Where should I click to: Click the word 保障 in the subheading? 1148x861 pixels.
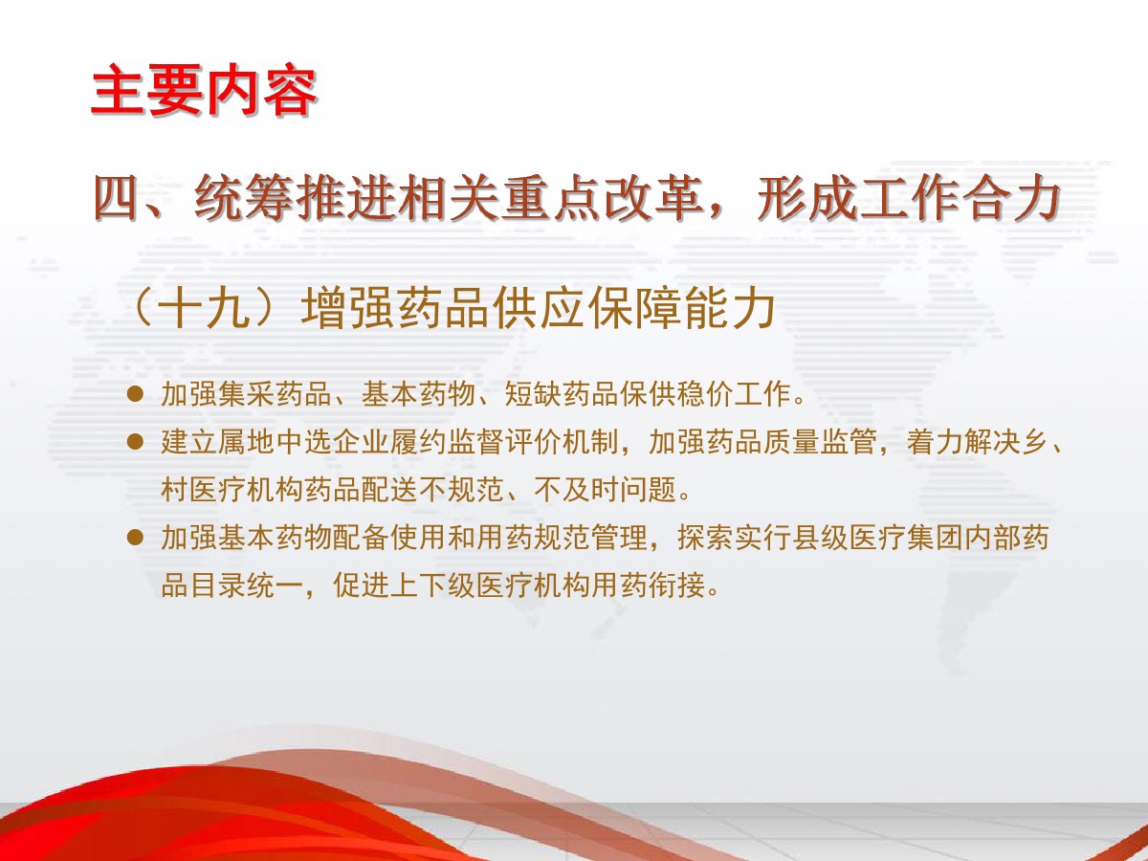(635, 308)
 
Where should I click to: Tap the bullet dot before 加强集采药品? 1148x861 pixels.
(136, 394)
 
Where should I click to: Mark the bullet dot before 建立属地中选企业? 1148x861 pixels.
(136, 442)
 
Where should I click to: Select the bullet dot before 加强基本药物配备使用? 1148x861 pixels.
(136, 538)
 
